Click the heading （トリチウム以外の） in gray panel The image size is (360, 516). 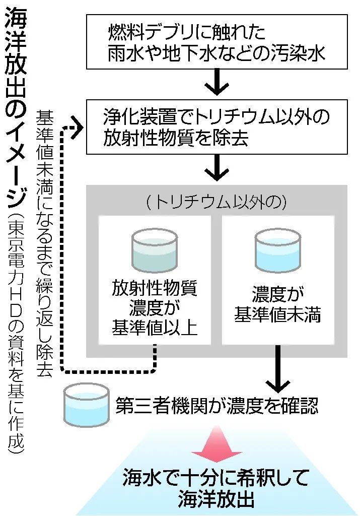click(217, 202)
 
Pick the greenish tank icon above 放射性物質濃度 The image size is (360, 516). click(155, 249)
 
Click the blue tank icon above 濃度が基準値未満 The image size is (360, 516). click(278, 249)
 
